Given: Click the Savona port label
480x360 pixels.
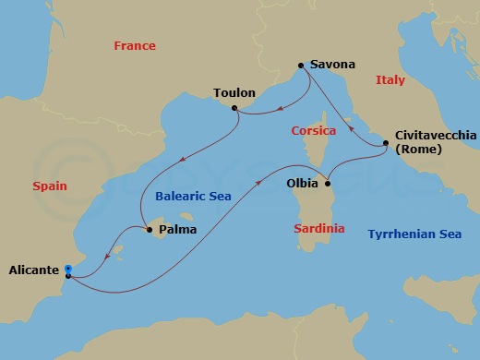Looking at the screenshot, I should (333, 66).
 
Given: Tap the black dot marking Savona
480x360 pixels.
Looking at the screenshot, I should (301, 66).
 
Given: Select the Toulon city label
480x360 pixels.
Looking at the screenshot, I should (234, 93).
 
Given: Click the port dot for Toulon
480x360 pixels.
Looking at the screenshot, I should (235, 108).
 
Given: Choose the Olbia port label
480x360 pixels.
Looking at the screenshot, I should (305, 183).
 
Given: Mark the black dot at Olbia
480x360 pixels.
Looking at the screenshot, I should (327, 183).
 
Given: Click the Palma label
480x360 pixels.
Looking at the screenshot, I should (178, 229).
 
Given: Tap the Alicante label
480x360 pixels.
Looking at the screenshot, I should (35, 270).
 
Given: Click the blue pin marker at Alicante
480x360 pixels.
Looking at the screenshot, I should (68, 270).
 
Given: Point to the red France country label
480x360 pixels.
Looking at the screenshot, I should (134, 46).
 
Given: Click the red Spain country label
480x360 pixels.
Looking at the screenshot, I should (50, 186).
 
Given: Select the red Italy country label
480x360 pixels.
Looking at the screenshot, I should (390, 81).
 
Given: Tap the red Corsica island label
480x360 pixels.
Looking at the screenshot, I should (314, 131).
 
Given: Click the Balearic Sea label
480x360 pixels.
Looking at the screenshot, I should (193, 197).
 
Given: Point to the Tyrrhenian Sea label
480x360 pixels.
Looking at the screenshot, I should (414, 234).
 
